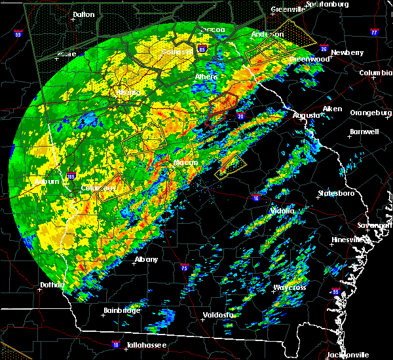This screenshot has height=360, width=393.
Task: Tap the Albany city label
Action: coord(146,259)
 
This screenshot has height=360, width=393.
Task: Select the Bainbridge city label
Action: coord(122,310)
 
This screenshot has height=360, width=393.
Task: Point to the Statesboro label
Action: coord(335,194)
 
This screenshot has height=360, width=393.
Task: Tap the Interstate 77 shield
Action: coord(374,31)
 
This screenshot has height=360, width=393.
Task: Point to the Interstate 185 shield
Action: coord(70,175)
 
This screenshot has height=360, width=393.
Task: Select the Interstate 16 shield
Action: coord(255,197)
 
